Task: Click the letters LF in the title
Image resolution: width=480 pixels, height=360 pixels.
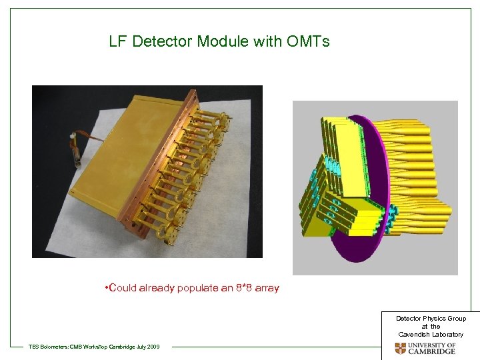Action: click(119, 42)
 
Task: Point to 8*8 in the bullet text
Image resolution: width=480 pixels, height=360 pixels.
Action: click(244, 288)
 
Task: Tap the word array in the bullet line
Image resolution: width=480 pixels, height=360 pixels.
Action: click(267, 289)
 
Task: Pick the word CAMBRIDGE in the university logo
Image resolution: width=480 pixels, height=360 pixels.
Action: click(432, 352)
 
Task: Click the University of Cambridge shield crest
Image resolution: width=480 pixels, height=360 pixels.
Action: click(400, 349)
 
